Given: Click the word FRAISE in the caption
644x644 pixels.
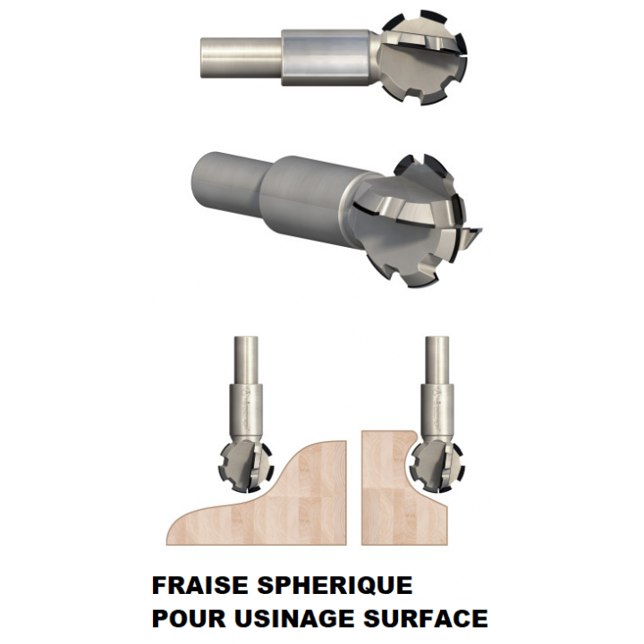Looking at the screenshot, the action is [x=199, y=585].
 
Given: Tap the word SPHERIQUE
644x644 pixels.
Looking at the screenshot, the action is [x=335, y=585].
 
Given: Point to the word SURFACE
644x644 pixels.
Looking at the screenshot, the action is [x=426, y=618].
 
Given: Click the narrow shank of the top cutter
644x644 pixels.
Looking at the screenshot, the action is [x=241, y=57].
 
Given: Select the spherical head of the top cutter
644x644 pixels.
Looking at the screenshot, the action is [x=423, y=57].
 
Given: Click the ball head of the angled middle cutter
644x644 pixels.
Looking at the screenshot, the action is [x=415, y=222].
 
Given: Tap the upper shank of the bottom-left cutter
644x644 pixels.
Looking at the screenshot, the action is [x=246, y=360].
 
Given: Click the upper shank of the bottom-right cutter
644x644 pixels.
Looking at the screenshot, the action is [x=437, y=360].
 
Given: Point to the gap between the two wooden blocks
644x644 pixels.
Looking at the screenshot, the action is [x=354, y=493].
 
